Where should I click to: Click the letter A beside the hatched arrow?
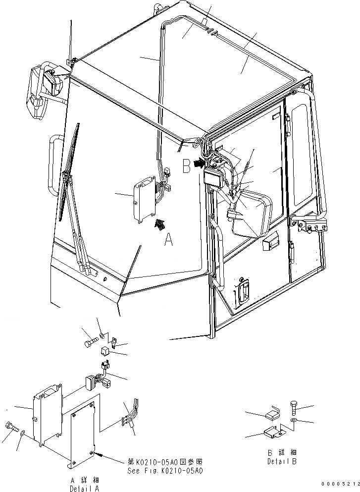pos(169,241)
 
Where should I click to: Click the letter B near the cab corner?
pos(187,165)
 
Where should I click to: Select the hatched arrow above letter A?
pos(160,224)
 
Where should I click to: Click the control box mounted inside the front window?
pos(143,199)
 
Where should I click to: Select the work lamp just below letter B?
pos(213,175)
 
